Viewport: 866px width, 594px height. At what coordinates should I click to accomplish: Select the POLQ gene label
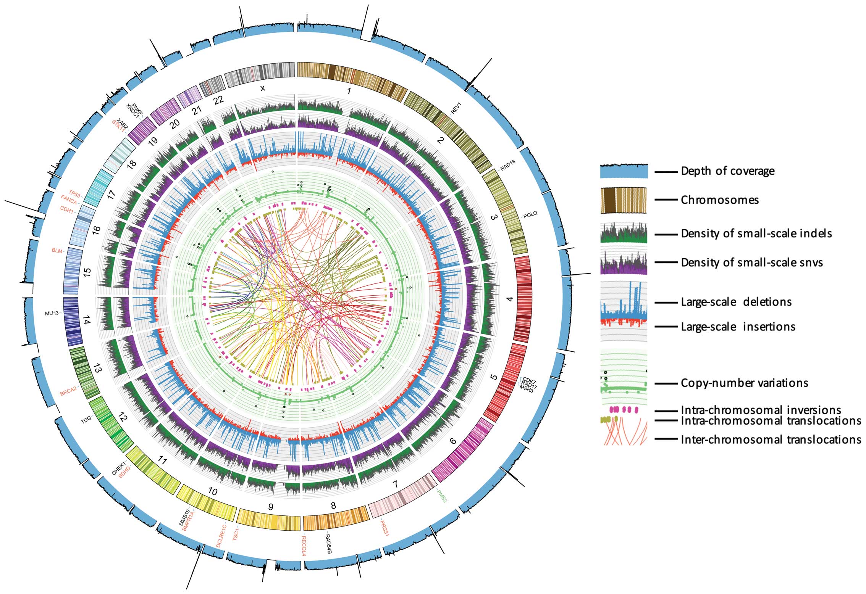pos(530,216)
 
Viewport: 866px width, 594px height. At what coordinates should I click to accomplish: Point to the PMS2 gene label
pos(441,495)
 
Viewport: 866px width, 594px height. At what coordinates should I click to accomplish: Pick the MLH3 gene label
pos(53,313)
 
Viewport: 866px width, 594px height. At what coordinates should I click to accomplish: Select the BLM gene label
pos(57,251)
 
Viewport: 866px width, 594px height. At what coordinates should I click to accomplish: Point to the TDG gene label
pos(86,420)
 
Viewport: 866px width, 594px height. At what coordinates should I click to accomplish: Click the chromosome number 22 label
pos(218,100)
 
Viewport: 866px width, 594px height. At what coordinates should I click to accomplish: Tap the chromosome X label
pos(262,88)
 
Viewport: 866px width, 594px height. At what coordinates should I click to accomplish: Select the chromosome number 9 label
pos(271,507)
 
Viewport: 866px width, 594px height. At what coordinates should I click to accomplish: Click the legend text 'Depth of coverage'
pos(727,171)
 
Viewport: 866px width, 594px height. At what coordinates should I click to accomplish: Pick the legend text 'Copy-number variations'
pos(744,383)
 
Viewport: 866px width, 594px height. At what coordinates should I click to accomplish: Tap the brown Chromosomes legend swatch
pos(623,200)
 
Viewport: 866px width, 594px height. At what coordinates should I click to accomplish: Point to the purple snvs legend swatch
pos(623,262)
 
